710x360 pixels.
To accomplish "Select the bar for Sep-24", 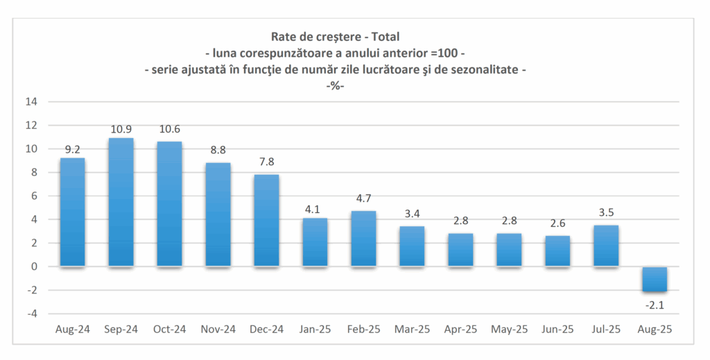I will coord(121,203).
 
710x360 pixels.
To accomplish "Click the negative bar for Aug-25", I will coord(654,279).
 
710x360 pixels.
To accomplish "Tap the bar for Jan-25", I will coord(315,242).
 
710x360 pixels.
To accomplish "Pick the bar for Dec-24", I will coord(266,221).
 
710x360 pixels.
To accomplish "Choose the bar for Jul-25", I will coord(605,246).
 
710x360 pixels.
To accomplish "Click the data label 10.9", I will coord(121,130).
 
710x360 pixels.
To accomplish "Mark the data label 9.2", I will coord(73,150).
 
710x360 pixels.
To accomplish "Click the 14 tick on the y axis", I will coord(31,102).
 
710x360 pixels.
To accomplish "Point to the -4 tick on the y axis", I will coord(31,314).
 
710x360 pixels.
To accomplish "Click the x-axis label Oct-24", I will coord(169,330).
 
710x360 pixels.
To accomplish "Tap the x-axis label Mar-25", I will coord(412,330).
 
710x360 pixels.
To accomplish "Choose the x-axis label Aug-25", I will coord(655,330).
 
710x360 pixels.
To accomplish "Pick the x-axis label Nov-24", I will coord(218,330).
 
